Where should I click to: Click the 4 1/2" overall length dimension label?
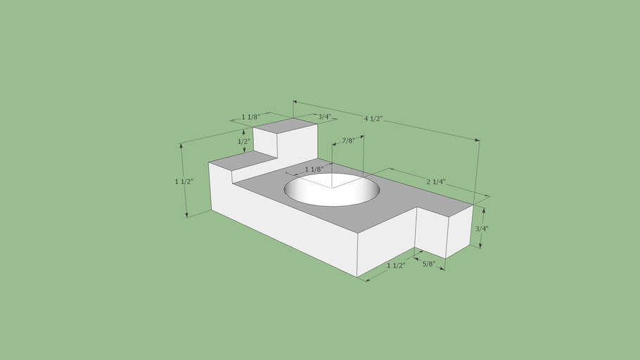click(373, 119)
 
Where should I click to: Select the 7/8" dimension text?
click(348, 141)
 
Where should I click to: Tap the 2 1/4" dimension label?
click(436, 181)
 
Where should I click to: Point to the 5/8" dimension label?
click(429, 264)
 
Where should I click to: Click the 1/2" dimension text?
click(244, 141)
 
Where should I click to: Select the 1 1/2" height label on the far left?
click(184, 181)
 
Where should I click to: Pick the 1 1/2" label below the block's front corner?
click(396, 266)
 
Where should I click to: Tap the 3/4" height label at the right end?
click(482, 229)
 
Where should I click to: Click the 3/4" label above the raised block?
click(324, 117)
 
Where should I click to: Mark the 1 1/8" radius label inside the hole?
click(314, 169)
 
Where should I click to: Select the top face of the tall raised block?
click(284, 126)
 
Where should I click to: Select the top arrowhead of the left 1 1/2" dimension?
click(182, 145)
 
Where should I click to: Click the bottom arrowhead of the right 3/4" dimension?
click(481, 245)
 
